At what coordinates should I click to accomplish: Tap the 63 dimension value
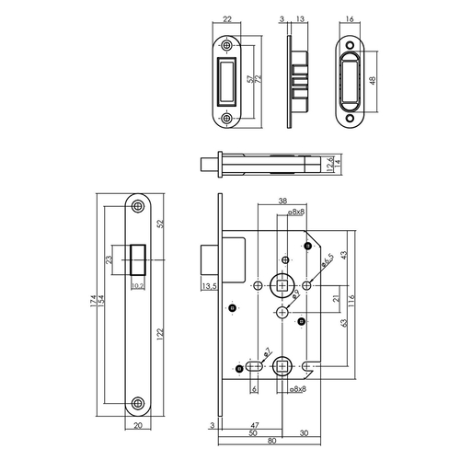(344, 325)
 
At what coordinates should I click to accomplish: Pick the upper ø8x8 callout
(295, 213)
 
